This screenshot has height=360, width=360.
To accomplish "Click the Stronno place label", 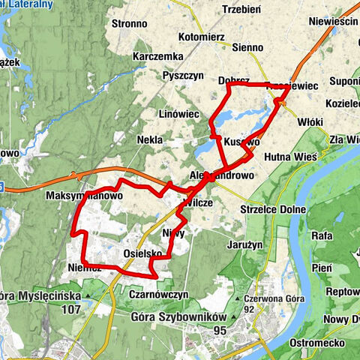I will (129, 23).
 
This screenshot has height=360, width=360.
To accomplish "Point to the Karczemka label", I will (158, 57).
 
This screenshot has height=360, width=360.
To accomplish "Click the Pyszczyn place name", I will (185, 76).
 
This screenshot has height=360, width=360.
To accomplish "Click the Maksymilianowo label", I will (84, 196).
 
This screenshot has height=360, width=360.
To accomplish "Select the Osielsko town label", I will (142, 254).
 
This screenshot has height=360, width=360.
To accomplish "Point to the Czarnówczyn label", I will (157, 295).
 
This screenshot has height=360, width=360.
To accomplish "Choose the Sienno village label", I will (247, 47).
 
